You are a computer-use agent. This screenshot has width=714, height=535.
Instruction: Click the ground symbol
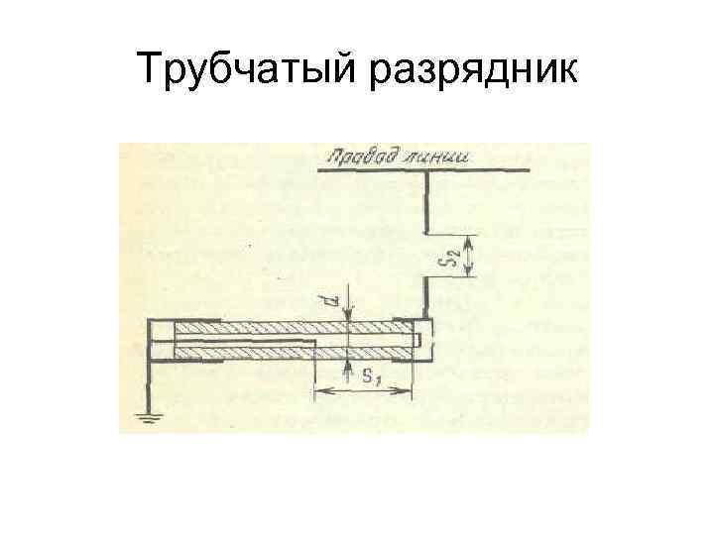151,417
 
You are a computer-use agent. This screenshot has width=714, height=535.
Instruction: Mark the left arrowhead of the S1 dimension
319,391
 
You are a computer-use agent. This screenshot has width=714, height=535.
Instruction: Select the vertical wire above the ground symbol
151,381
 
